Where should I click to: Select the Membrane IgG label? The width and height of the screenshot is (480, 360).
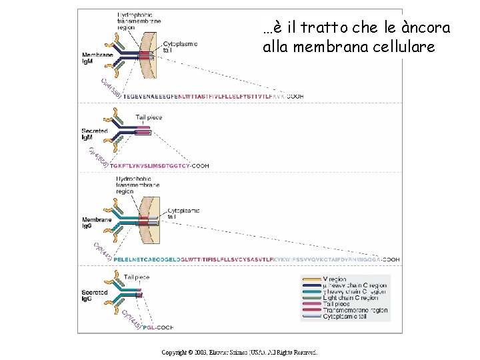93,222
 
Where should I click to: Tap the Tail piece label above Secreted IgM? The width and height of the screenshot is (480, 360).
149,117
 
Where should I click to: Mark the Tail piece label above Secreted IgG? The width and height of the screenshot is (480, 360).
137,277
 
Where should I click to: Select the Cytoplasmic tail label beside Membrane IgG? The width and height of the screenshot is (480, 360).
183,213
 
